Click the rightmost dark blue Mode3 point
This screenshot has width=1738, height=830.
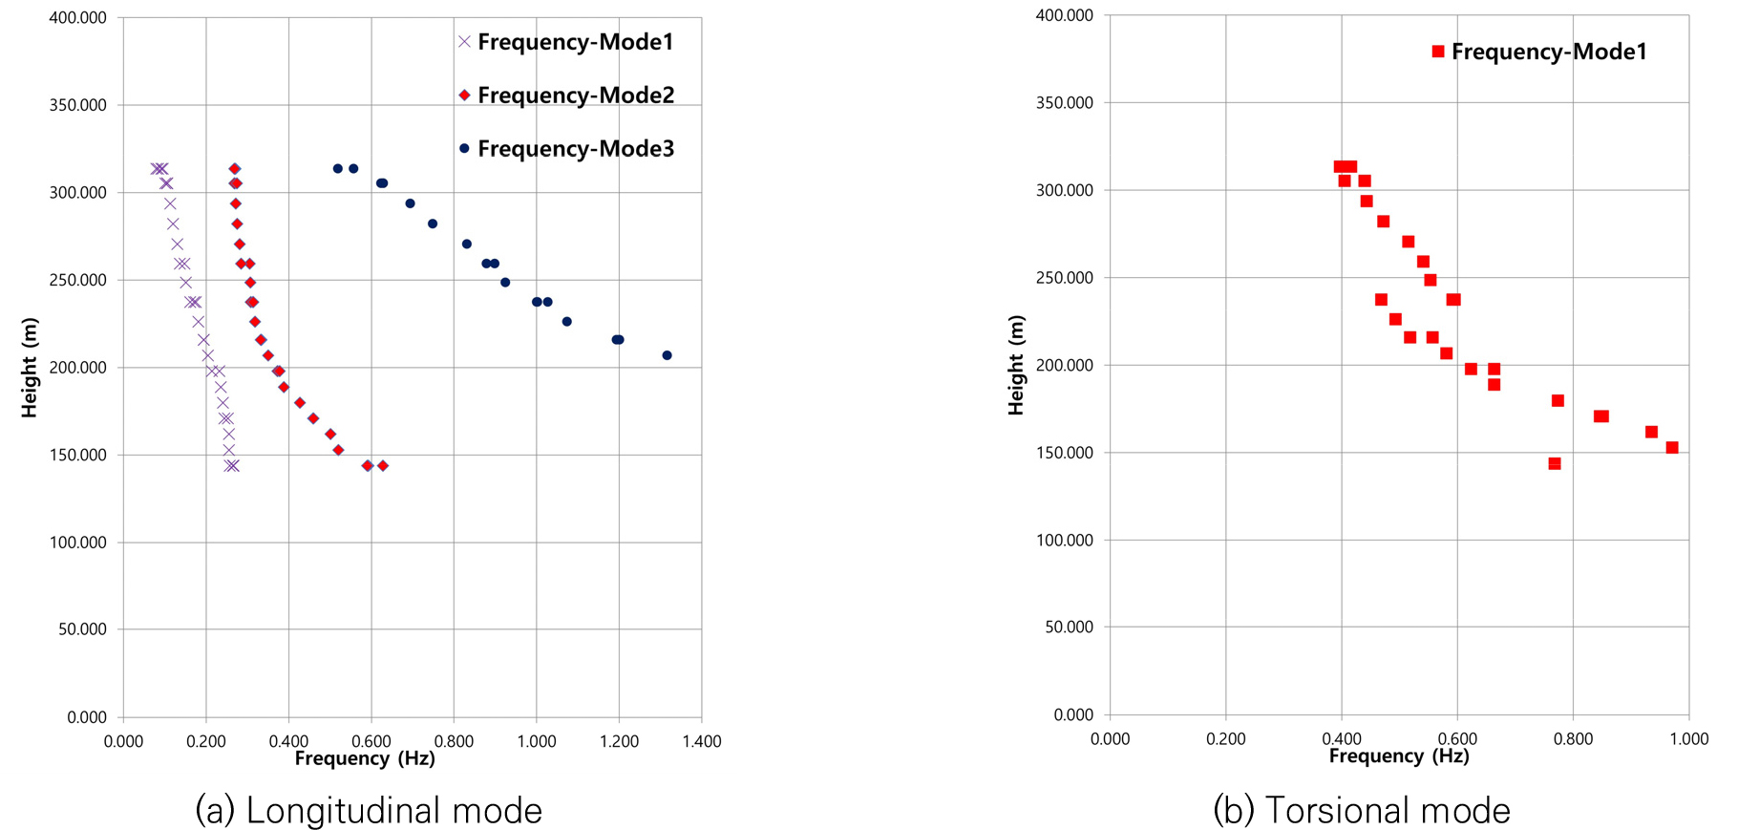(x=667, y=355)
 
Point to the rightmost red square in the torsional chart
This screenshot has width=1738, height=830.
(x=1672, y=447)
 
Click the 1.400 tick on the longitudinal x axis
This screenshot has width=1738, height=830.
(x=702, y=741)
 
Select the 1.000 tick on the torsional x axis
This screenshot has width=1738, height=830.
(x=1688, y=738)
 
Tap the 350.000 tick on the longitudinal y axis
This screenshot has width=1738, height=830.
(x=78, y=105)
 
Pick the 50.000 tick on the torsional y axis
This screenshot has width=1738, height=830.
(x=1065, y=627)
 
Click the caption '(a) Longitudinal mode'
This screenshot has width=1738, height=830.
(x=369, y=810)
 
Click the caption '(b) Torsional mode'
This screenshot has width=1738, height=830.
(x=1362, y=810)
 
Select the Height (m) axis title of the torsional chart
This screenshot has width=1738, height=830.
(x=1016, y=365)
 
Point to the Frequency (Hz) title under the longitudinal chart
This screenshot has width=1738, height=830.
(x=365, y=758)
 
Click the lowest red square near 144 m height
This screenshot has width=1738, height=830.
(x=1555, y=463)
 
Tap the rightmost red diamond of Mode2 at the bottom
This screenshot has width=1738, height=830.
(x=383, y=465)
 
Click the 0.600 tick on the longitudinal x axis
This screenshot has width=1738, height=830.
(x=371, y=741)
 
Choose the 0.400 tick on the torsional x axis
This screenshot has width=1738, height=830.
(x=1342, y=738)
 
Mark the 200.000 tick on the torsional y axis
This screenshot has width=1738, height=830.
(x=1065, y=365)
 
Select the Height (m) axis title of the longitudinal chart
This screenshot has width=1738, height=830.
(x=30, y=367)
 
